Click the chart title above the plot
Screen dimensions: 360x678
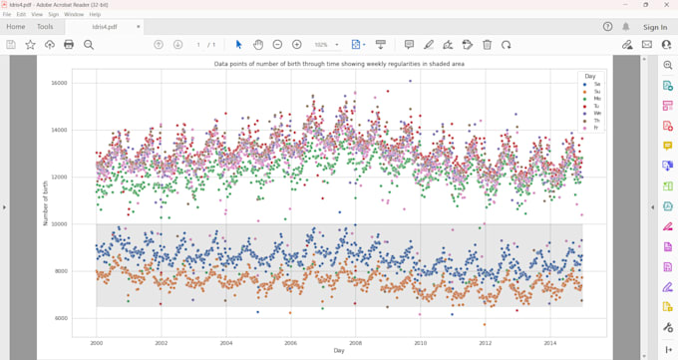[339, 64]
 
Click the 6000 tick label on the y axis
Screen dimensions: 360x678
[60, 318]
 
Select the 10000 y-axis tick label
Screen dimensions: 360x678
[59, 224]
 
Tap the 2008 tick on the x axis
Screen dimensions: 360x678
[355, 342]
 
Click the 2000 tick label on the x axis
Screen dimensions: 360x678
[96, 342]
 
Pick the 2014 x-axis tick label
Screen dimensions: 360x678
[549, 342]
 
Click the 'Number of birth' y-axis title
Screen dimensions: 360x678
[45, 202]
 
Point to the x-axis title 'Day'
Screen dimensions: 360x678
[339, 351]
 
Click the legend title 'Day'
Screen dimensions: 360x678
[590, 76]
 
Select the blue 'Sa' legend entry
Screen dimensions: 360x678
[592, 85]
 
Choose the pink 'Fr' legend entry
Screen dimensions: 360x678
[592, 128]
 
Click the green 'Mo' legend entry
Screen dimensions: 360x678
[592, 99]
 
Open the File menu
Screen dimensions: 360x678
[7, 15]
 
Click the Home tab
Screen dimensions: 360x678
[16, 27]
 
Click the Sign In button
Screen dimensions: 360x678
[655, 27]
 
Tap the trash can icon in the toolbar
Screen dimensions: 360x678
[487, 45]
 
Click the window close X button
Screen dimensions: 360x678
[667, 5]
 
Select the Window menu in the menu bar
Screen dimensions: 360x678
[74, 15]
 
